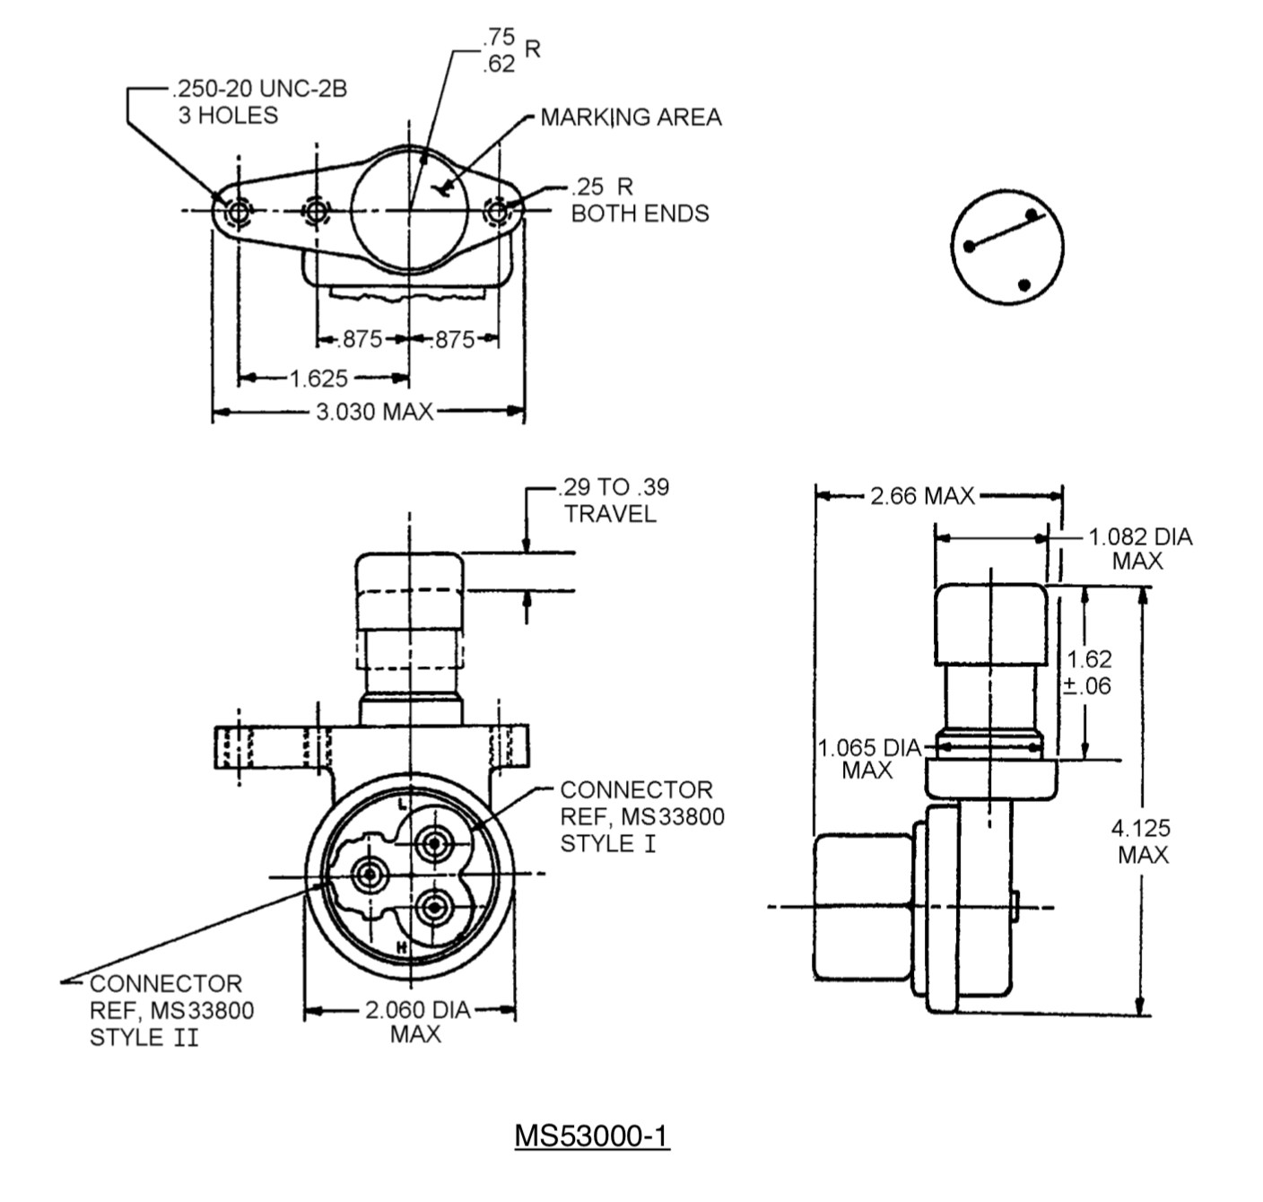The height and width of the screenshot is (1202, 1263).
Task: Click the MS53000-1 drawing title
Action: point(591,1136)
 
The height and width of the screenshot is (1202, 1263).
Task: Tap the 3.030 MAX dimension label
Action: point(374,412)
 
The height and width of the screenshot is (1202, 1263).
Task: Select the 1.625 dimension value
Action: point(318,379)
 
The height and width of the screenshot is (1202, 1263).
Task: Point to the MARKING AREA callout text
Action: point(631,118)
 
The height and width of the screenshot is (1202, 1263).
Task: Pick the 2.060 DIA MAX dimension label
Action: point(416,1022)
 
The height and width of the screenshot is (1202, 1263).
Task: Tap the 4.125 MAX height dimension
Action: point(1142,841)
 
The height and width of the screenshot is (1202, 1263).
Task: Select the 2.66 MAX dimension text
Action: point(922,496)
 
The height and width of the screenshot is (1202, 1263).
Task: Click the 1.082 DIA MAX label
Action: point(1139,548)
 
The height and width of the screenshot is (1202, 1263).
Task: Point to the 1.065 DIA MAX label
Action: point(868,759)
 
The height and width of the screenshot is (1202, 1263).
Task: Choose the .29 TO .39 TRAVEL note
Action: point(613,501)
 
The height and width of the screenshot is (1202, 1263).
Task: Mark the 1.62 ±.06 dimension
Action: point(1089,673)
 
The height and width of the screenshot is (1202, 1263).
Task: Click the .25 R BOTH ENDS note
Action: point(640,200)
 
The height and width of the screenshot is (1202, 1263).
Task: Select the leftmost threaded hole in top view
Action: point(239,212)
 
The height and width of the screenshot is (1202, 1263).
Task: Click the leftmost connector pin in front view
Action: point(369,875)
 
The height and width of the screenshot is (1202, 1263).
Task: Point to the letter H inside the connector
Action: point(402,947)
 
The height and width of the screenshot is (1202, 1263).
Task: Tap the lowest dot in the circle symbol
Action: point(1024,285)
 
